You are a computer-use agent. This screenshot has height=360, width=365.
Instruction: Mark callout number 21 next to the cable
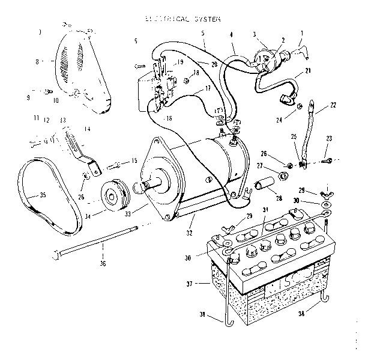click(307, 72)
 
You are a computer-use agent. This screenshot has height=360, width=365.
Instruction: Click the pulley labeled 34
click(112, 195)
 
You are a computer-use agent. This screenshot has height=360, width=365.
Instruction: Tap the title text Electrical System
click(182, 19)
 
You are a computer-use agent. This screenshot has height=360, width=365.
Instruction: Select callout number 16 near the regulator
click(169, 119)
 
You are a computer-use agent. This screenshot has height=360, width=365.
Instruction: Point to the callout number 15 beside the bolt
click(133, 161)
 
